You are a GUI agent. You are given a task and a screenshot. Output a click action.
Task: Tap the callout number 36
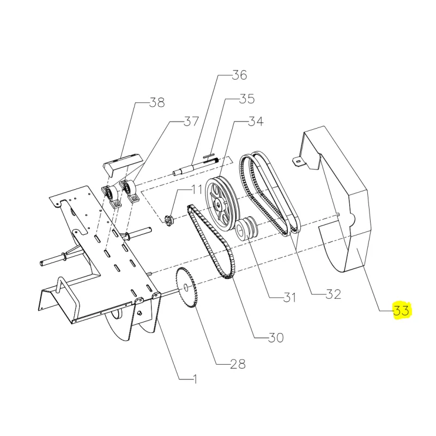[x=239, y=76]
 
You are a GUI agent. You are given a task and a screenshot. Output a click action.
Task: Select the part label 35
[x=246, y=99]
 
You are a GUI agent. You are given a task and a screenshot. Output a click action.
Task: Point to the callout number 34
[x=256, y=122]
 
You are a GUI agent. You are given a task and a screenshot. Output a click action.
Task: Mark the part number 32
[x=333, y=294]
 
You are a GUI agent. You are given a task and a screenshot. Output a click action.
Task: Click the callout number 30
[x=276, y=338]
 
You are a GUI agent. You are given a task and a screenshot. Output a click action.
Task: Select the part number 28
[x=238, y=364]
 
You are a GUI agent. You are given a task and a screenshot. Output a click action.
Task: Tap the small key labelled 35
[x=210, y=155]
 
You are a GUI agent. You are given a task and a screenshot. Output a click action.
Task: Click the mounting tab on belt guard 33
[x=297, y=161]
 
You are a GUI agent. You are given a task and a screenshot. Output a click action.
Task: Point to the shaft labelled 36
[x=196, y=166]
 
